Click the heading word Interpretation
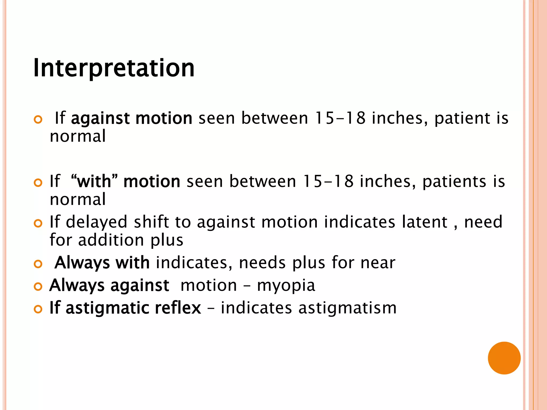click(114, 68)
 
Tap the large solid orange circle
click(504, 358)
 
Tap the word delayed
click(96, 223)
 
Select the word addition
click(111, 240)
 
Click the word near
click(378, 263)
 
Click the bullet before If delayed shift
click(38, 223)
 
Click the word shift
click(151, 222)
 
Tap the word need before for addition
click(483, 222)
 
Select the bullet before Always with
click(38, 264)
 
